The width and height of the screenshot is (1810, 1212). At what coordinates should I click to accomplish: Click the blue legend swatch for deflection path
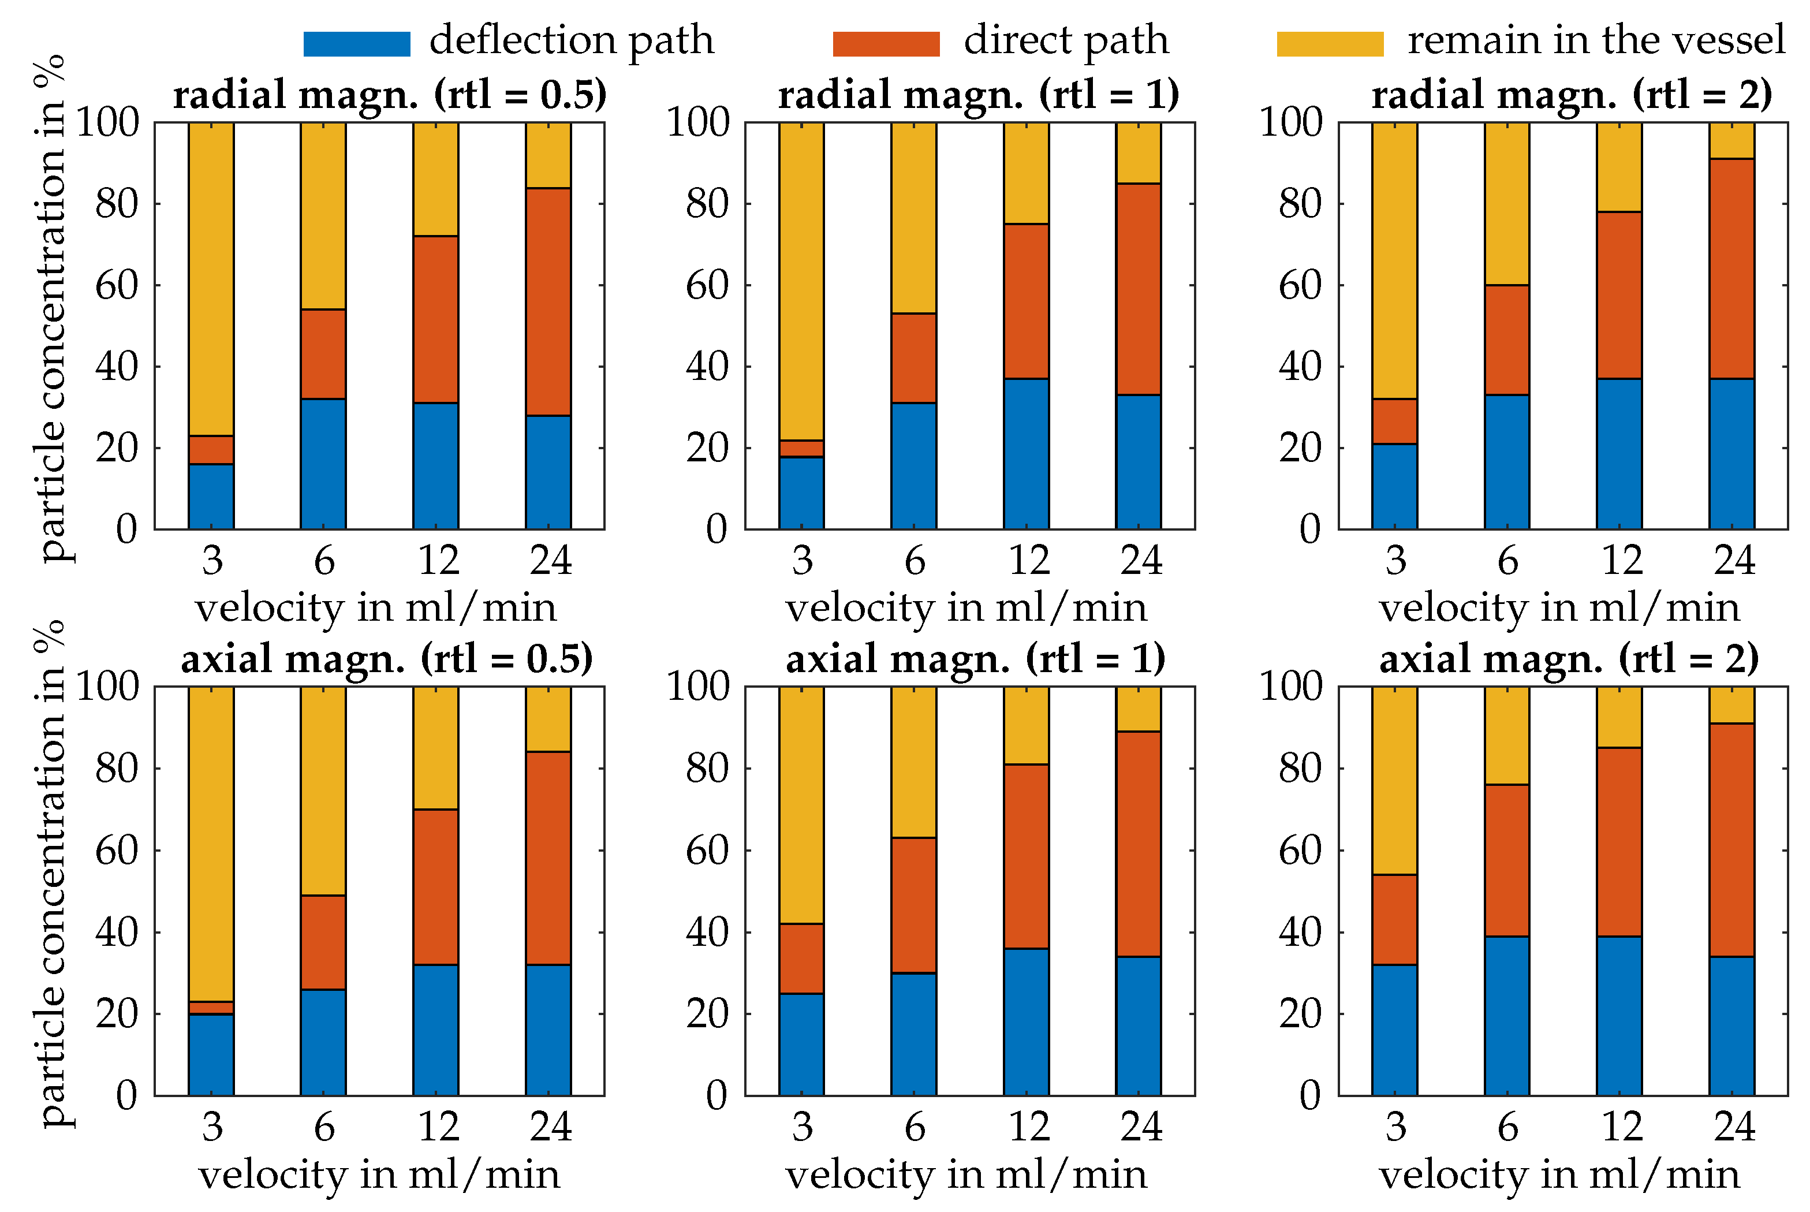(356, 43)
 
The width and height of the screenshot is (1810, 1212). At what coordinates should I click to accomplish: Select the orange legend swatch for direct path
(886, 43)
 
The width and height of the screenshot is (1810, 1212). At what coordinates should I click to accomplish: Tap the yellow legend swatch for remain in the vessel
(1329, 43)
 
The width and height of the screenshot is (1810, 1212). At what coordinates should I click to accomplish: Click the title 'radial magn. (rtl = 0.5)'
(390, 95)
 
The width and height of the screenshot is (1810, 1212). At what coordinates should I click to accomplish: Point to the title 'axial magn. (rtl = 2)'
(1569, 659)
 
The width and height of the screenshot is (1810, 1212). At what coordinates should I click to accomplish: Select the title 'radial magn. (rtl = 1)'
(979, 95)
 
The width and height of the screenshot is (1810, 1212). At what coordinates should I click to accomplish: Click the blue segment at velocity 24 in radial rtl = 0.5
(548, 472)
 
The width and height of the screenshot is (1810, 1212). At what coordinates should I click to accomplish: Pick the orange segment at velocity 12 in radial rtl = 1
(1027, 301)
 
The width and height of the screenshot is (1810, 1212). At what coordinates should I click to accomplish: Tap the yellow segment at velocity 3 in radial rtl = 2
(1394, 260)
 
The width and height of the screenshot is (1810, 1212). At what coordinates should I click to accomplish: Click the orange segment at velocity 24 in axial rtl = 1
(1139, 844)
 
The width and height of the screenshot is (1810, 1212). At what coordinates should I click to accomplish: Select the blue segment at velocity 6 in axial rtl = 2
(1506, 1016)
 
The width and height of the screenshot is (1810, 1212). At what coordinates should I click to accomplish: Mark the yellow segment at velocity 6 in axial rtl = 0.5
(323, 790)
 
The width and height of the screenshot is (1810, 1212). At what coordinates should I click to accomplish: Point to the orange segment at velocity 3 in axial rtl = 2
(1394, 919)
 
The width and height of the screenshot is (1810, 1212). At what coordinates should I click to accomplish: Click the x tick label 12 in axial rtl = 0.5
(438, 1126)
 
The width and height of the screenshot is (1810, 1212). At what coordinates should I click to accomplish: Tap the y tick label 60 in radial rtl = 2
(1300, 285)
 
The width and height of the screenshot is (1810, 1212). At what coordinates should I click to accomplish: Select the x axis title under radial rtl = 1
(966, 607)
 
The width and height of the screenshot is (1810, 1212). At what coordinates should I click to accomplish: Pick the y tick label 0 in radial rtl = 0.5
(127, 529)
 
